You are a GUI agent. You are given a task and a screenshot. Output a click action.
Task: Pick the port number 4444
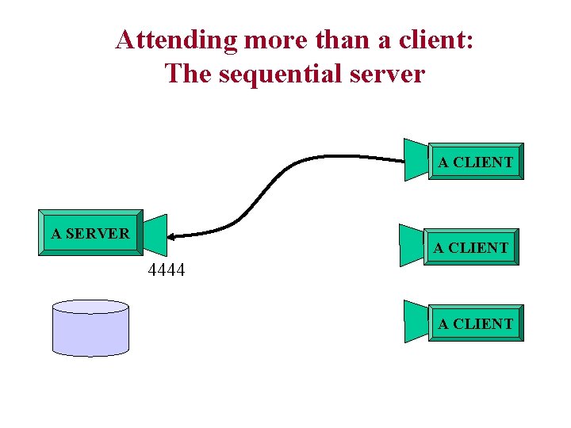pyautogui.click(x=167, y=270)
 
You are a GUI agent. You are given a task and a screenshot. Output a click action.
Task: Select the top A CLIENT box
pyautogui.click(x=476, y=162)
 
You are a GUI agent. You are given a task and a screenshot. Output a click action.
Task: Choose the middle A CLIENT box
pyautogui.click(x=471, y=248)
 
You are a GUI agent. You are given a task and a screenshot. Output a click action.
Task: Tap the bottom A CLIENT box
pyautogui.click(x=476, y=324)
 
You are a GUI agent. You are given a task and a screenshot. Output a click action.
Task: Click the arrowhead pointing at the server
pyautogui.click(x=174, y=236)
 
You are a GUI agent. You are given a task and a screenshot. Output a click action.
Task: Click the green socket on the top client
pyautogui.click(x=416, y=159)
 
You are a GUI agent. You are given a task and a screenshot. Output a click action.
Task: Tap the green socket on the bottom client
pyautogui.click(x=416, y=321)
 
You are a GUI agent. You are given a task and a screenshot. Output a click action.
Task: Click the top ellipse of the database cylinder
pyautogui.click(x=90, y=308)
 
